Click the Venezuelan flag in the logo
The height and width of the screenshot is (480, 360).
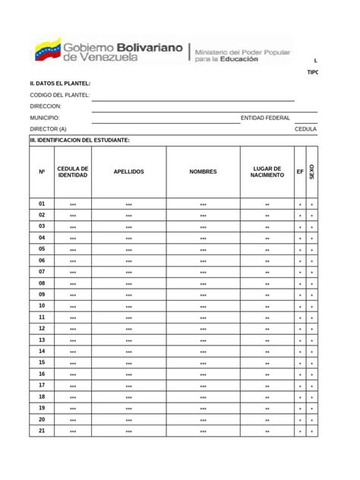point(47,49)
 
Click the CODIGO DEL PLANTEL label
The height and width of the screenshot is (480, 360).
point(60,95)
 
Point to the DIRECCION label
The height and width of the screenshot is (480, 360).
point(46,107)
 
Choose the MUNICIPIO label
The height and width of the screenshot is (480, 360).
point(45,118)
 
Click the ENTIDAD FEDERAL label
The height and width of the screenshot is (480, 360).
point(265,118)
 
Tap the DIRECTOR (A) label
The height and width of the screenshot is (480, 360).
point(48,130)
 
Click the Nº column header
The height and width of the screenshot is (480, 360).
point(42,172)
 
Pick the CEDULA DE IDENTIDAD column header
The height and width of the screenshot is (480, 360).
point(73,172)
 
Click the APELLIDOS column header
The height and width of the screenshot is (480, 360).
point(128,172)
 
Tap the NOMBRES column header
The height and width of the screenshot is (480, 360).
point(203,172)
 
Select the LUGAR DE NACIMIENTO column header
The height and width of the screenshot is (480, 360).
point(267,172)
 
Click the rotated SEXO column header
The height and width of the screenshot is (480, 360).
point(311,172)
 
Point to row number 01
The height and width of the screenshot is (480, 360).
point(42,204)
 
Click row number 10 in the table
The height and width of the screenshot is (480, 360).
point(42,305)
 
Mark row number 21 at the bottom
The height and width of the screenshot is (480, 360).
point(42,431)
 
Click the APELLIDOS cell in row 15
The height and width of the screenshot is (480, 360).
point(128,363)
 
